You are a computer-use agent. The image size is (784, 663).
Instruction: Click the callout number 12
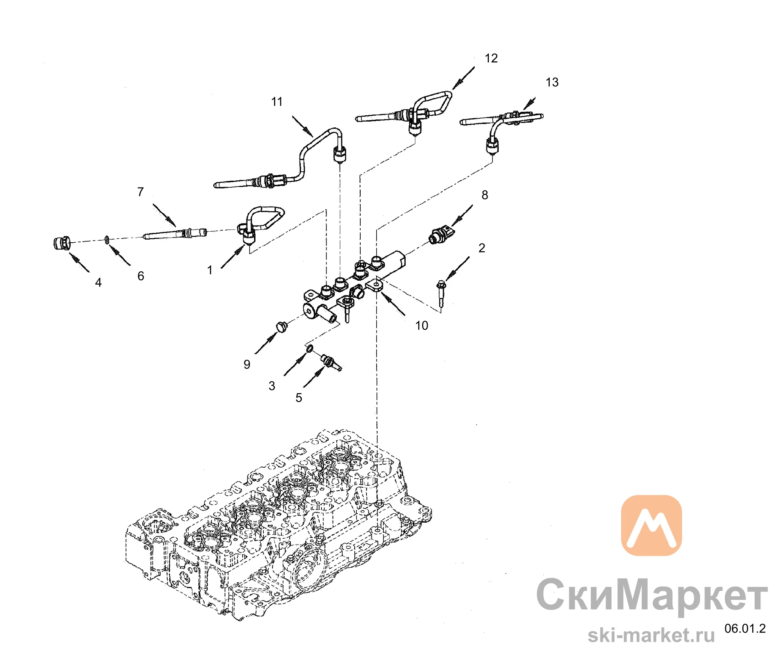pyautogui.click(x=491, y=58)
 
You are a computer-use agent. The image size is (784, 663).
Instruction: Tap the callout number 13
pyautogui.click(x=552, y=82)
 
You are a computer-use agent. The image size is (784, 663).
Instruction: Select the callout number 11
pyautogui.click(x=277, y=102)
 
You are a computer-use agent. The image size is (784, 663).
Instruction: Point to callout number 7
pyautogui.click(x=140, y=192)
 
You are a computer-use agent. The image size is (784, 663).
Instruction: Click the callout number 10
pyautogui.click(x=422, y=325)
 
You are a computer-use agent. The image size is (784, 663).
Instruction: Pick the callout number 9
pyautogui.click(x=247, y=365)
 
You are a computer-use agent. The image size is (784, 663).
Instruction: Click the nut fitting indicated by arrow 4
pyautogui.click(x=62, y=243)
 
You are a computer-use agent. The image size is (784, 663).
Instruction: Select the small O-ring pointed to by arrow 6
pyautogui.click(x=107, y=239)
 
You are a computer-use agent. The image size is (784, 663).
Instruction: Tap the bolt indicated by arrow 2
pyautogui.click(x=441, y=294)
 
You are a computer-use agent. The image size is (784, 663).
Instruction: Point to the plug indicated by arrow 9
pyautogui.click(x=281, y=326)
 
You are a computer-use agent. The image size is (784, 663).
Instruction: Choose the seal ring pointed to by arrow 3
pyautogui.click(x=309, y=348)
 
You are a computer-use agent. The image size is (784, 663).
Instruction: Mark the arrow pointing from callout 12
pyautogui.click(x=463, y=78)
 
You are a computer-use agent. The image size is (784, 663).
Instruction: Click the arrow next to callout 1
pyautogui.click(x=233, y=257)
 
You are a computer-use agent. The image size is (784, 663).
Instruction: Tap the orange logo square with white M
pyautogui.click(x=652, y=525)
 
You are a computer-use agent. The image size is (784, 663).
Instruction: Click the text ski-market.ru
pyautogui.click(x=651, y=635)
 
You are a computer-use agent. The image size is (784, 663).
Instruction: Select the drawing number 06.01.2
pyautogui.click(x=745, y=628)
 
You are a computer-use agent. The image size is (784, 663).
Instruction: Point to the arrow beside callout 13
pyautogui.click(x=530, y=104)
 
